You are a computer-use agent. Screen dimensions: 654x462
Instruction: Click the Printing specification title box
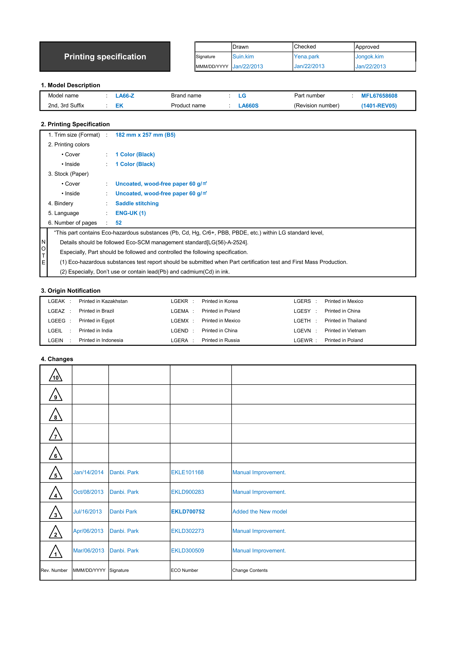(105, 57)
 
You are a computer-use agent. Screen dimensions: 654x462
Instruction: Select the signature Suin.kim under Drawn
(243, 57)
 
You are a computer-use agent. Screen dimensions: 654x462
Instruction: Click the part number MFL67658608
(379, 96)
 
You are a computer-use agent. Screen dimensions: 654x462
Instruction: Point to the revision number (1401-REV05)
(379, 106)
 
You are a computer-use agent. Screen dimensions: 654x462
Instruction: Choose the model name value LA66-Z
(125, 96)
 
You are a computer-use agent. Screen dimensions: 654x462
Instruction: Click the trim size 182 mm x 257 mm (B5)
(145, 135)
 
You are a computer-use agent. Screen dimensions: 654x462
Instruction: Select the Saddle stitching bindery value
(137, 203)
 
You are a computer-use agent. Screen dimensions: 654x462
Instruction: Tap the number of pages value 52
(118, 223)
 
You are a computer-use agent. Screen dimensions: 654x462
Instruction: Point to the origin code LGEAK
(56, 301)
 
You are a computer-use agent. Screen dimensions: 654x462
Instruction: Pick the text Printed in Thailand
(345, 321)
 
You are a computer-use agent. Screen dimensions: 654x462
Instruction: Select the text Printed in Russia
(220, 340)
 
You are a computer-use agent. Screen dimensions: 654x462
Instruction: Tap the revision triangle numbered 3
(55, 513)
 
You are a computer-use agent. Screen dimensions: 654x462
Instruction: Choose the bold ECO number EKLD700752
(188, 512)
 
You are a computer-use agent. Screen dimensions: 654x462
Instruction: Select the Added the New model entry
(259, 512)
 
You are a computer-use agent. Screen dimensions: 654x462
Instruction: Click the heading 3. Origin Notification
(71, 291)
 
